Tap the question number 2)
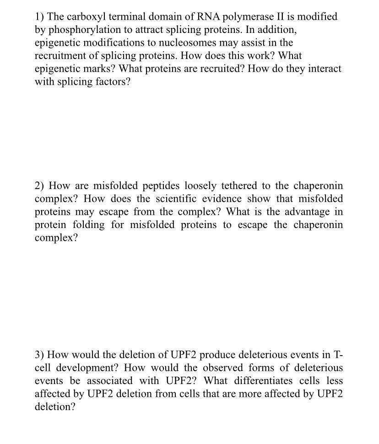[40, 186]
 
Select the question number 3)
[40, 355]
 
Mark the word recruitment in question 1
[60, 55]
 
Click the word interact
[322, 68]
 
